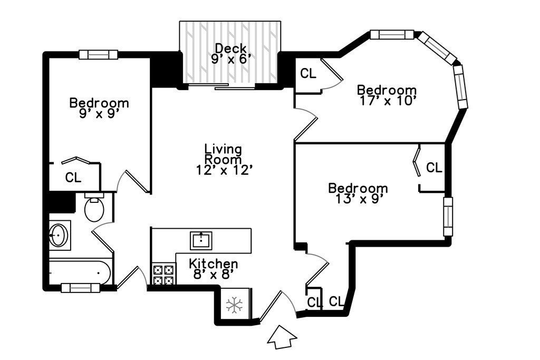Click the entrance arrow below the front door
[282, 338]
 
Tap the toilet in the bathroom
[94, 207]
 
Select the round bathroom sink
[59, 236]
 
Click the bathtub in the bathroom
[80, 272]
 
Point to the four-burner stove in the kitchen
[163, 275]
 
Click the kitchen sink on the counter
[201, 240]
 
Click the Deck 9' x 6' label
[230, 54]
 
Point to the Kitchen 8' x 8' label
[214, 269]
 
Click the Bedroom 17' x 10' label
[387, 95]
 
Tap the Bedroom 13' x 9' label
[358, 193]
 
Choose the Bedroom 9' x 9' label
[99, 108]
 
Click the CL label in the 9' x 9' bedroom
[73, 178]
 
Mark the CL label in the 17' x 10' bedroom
[308, 73]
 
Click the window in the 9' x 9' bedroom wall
[99, 55]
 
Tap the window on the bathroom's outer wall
[81, 288]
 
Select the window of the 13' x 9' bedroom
[448, 217]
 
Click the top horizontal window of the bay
[392, 35]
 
